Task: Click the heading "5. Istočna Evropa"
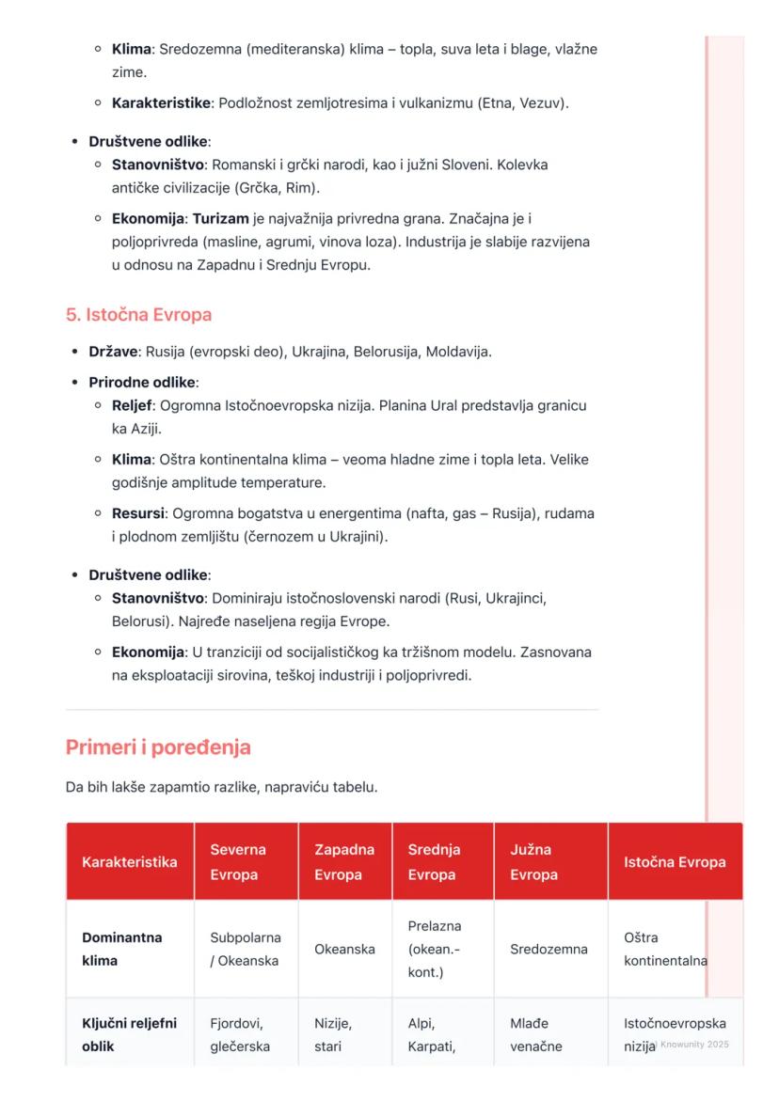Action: coord(138,315)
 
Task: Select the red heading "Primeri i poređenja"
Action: coord(158,747)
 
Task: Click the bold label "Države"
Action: coord(114,352)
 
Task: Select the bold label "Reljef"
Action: coord(132,406)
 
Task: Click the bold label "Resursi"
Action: coord(136,513)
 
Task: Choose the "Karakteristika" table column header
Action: coord(129,862)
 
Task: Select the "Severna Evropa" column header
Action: coord(238,862)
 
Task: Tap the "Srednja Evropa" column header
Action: coord(434,862)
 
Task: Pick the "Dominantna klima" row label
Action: coord(121,950)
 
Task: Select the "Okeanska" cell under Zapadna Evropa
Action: coord(344,950)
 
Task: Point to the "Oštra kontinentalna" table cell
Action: coord(665,950)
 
